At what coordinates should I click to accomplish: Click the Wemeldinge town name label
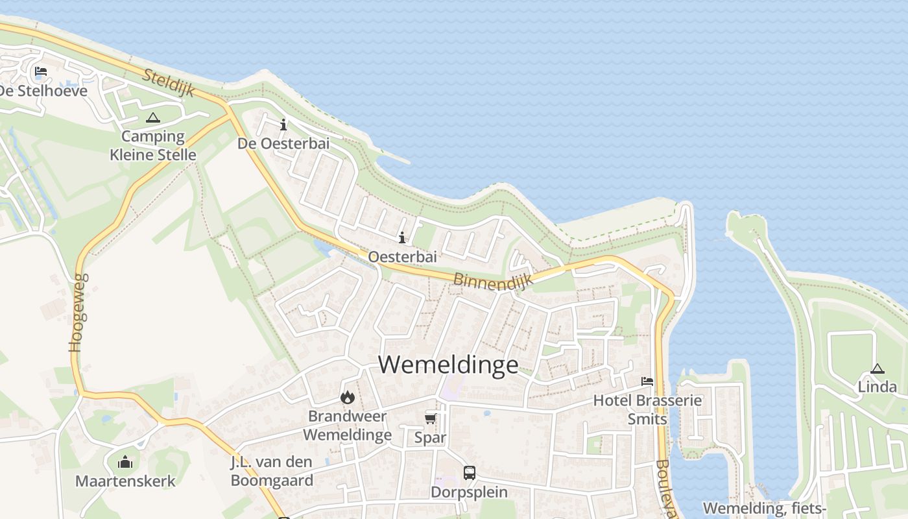[x=448, y=365]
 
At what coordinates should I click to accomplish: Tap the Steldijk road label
[x=168, y=82]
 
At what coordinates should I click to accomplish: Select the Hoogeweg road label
[x=78, y=313]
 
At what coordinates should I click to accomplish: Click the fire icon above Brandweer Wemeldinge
[x=348, y=397]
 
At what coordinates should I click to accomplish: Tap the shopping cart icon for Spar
[x=430, y=418]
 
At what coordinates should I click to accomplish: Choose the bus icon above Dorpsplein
[x=469, y=473]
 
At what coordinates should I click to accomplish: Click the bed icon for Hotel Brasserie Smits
[x=647, y=381]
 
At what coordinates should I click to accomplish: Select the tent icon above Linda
[x=877, y=368]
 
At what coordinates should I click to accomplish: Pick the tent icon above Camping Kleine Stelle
[x=152, y=117]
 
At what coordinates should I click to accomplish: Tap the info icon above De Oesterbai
[x=283, y=125]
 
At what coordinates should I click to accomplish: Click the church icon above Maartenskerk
[x=125, y=462]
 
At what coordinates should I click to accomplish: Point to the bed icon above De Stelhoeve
[x=41, y=71]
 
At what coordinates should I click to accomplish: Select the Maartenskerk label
[x=125, y=481]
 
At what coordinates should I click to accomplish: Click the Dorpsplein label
[x=469, y=492]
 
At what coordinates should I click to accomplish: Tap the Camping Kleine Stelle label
[x=153, y=146]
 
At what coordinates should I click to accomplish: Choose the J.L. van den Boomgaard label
[x=272, y=472]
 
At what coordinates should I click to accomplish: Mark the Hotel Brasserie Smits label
[x=647, y=409]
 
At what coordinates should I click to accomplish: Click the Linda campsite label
[x=878, y=387]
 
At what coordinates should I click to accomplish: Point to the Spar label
[x=430, y=438]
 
